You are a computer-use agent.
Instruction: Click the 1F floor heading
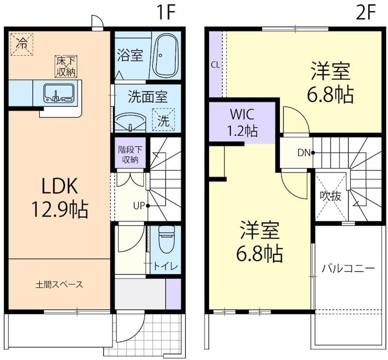click(165, 12)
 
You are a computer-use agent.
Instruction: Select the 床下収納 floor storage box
click(66, 66)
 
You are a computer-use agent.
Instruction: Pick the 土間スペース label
click(59, 284)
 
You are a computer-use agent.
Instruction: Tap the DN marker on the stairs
click(304, 153)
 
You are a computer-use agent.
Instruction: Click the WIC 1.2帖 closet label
click(243, 123)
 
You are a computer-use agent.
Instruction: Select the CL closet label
click(215, 64)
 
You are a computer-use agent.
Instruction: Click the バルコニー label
click(348, 268)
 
